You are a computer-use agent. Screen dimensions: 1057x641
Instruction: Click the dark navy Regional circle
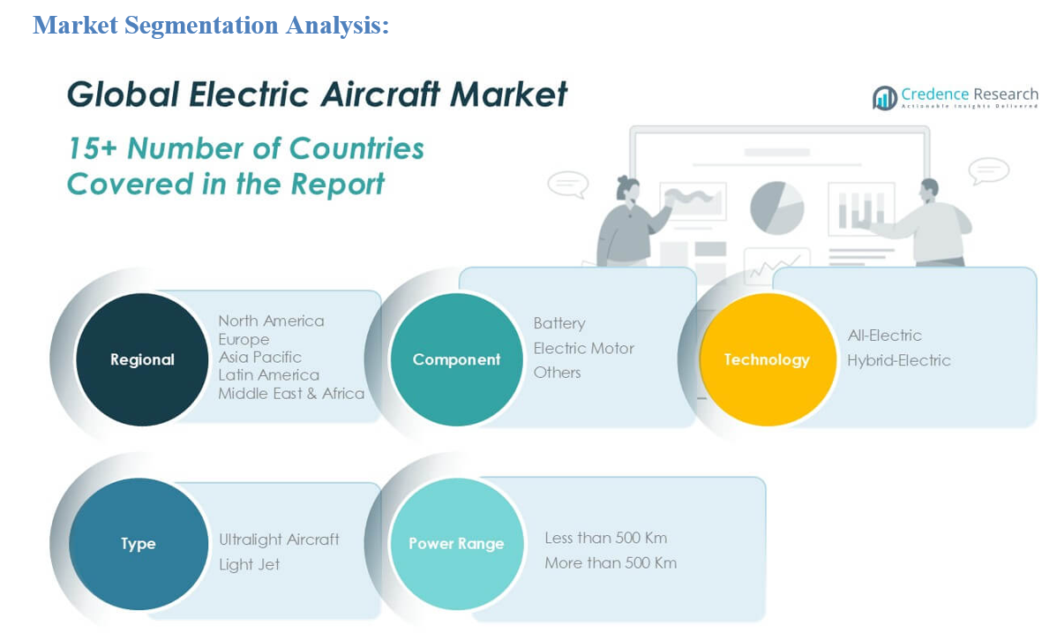tap(142, 359)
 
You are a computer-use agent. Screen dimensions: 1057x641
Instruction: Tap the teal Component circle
tap(456, 359)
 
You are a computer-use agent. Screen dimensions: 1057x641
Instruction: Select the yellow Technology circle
tap(767, 359)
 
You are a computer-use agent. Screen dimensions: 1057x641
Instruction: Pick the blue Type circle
tap(139, 544)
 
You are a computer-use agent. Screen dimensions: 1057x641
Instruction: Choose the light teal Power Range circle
tap(456, 544)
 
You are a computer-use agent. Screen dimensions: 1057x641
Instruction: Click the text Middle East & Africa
tap(291, 394)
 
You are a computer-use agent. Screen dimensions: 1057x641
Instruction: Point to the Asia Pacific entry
tap(259, 357)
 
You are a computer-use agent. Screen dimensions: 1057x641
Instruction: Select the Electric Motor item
tap(584, 348)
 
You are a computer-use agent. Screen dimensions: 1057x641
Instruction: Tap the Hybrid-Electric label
tap(898, 360)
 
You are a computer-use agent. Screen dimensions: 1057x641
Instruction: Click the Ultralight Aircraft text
tap(279, 539)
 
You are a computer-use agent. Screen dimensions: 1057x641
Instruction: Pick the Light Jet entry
tap(249, 565)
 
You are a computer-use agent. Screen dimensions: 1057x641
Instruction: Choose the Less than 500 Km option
tap(605, 538)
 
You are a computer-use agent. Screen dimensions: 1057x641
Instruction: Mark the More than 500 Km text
tap(610, 562)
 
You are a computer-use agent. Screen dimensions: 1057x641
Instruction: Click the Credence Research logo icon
tap(884, 98)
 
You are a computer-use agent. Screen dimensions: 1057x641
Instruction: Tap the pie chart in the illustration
tap(776, 207)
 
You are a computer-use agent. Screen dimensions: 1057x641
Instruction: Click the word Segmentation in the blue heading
tap(201, 26)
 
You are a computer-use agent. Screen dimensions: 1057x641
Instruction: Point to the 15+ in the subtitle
tap(93, 148)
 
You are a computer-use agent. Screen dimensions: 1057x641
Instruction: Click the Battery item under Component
tap(559, 323)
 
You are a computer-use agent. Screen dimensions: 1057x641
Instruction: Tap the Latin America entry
tap(268, 375)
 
